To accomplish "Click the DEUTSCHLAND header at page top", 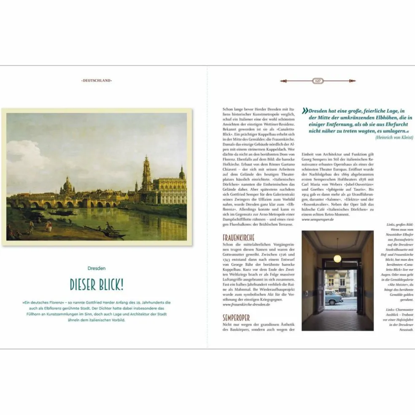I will pyautogui.click(x=97, y=80).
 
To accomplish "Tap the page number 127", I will pyautogui.click(x=318, y=81).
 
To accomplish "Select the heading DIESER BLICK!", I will pyautogui.click(x=97, y=285).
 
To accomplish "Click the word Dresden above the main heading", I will pyautogui.click(x=97, y=268).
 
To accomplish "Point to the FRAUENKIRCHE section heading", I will pyautogui.click(x=239, y=238).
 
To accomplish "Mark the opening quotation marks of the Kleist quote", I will pyautogui.click(x=305, y=111).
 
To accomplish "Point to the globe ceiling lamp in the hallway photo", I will pyautogui.click(x=337, y=258).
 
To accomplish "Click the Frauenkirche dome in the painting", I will pyautogui.click(x=68, y=184).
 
